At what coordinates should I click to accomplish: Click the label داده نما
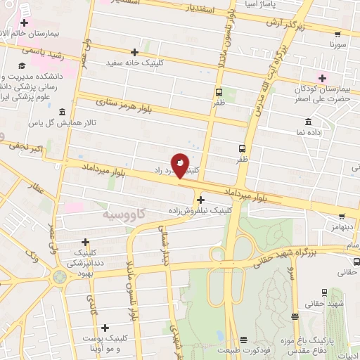pyautogui.click(x=309, y=131)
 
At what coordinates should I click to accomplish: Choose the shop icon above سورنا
pyautogui.click(x=338, y=32)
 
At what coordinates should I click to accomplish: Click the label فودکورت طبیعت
pyautogui.click(x=243, y=350)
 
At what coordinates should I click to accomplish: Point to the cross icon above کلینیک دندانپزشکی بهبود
pyautogui.click(x=86, y=241)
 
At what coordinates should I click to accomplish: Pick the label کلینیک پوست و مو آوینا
pyautogui.click(x=105, y=344)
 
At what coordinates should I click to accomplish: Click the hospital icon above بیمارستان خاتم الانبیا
pyautogui.click(x=24, y=23)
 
